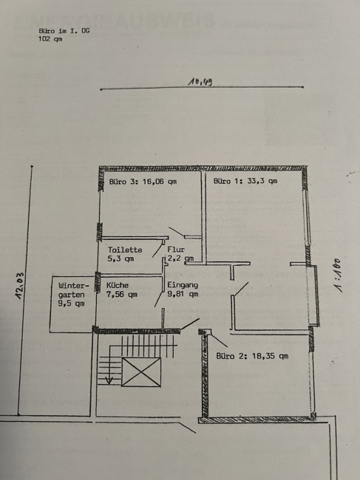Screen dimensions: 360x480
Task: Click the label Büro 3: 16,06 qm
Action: (143, 182)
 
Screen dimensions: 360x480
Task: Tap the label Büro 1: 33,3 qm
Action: (245, 181)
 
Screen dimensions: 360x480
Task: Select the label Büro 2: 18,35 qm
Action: (252, 356)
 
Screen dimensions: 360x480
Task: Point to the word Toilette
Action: (125, 250)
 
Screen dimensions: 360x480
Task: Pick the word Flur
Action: (176, 250)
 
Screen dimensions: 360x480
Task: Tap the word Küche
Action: (118, 285)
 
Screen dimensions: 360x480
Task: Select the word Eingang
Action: (183, 285)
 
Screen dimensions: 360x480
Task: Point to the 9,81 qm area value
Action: (183, 294)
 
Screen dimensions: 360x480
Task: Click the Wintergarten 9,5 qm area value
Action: (71, 304)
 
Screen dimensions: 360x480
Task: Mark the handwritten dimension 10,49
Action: (200, 82)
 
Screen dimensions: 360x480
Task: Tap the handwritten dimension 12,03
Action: (20, 285)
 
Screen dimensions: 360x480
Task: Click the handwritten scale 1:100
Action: (338, 275)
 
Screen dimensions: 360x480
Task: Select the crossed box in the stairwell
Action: (141, 372)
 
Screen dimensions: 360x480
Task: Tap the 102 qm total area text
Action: (50, 39)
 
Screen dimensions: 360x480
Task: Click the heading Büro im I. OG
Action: (64, 30)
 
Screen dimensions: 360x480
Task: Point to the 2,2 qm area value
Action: (181, 258)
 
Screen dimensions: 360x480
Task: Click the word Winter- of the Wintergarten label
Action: (73, 286)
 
